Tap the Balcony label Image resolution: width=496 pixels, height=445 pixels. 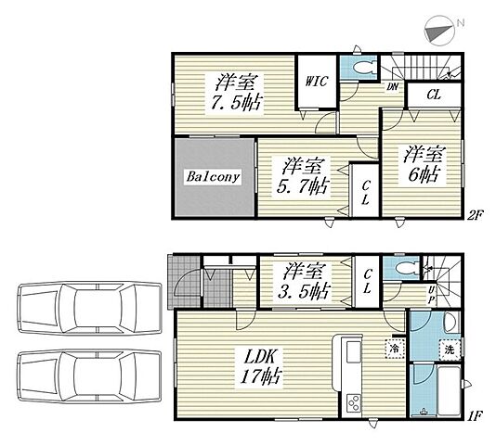point(213,176)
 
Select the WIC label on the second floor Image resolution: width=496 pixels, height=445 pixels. point(316,82)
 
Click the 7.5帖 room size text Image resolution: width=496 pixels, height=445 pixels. point(237,103)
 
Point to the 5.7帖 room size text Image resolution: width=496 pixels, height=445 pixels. point(303,185)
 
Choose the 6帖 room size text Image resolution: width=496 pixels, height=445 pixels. point(424,174)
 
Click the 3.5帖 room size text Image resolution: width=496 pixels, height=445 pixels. point(304,291)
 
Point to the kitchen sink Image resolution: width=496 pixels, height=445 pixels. point(354,352)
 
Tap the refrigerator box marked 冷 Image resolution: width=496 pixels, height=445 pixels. point(395,349)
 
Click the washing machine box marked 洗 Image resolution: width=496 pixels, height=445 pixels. point(450,350)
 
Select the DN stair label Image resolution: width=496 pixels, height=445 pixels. point(392,86)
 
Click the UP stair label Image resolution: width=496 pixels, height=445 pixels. point(431,295)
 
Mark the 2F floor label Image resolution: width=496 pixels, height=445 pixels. point(475,216)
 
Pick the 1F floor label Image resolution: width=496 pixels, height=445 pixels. point(475,416)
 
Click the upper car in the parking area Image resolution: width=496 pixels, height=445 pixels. point(89,308)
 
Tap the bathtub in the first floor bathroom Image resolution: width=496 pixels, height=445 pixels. point(449,390)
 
